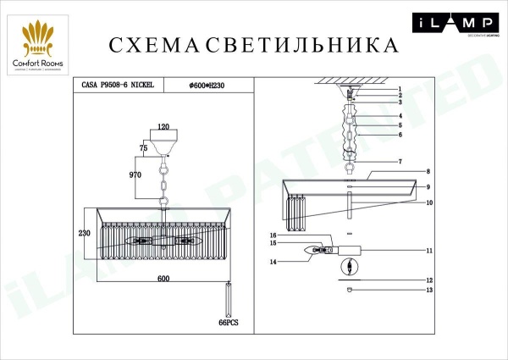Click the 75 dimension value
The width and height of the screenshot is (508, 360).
tap(143, 147)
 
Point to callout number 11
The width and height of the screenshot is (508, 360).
tap(429, 251)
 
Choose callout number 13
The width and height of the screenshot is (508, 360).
tap(429, 291)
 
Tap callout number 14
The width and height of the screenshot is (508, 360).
tap(273, 262)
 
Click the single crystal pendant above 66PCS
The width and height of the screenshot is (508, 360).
tap(229, 297)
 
